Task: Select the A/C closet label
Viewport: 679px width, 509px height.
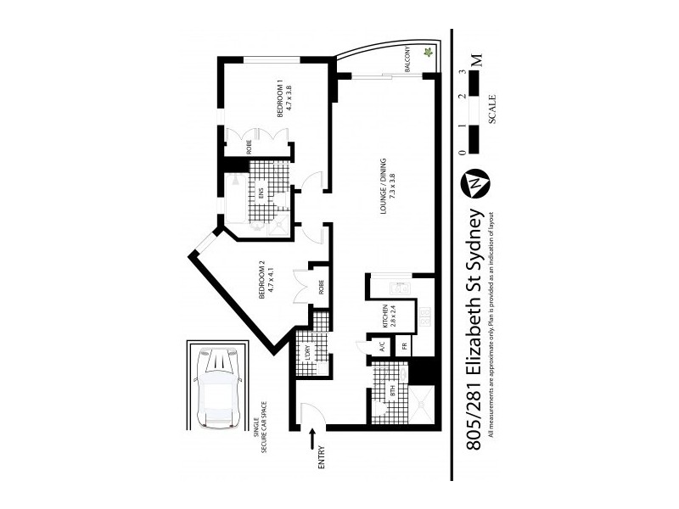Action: pyautogui.click(x=382, y=348)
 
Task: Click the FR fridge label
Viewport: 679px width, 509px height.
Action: pyautogui.click(x=406, y=347)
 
